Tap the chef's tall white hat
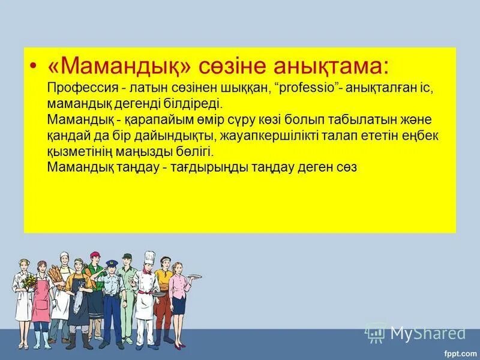pyautogui.click(x=149, y=257)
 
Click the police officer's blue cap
pyautogui.click(x=112, y=263)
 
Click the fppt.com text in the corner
pyautogui.click(x=461, y=353)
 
